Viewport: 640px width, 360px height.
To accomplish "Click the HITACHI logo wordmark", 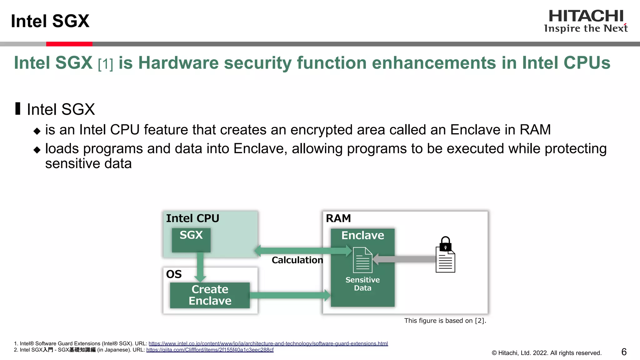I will coord(586,16).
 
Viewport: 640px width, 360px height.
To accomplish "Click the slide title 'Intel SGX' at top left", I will coord(50,21).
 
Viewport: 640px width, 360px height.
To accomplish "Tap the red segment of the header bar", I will coord(69,44).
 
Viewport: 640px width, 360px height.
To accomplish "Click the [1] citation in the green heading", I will coord(105,64).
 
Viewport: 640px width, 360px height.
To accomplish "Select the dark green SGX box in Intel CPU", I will coord(191,240).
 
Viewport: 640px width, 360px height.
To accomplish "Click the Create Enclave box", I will coord(210,295).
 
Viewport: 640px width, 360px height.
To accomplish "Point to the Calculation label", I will coord(297,260).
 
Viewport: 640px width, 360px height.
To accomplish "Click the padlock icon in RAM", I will coord(445,244).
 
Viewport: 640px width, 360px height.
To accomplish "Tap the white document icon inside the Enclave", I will coord(362,260).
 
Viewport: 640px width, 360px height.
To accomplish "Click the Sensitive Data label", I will coord(362,284).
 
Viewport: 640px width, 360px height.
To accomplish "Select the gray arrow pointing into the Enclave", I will coord(406,259).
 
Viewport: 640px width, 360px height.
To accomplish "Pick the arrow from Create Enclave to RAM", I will coord(289,295).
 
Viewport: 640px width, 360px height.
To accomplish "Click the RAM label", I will coord(338,218).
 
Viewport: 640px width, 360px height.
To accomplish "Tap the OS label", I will coord(174,274).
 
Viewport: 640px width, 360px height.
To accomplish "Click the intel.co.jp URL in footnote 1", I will coord(268,343).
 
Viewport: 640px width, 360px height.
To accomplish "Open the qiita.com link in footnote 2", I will coord(210,350).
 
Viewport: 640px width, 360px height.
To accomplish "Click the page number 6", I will coord(624,352).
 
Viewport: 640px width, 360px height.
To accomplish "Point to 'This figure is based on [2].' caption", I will coord(445,321).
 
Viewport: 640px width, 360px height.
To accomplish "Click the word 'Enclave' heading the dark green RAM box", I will coord(362,235).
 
